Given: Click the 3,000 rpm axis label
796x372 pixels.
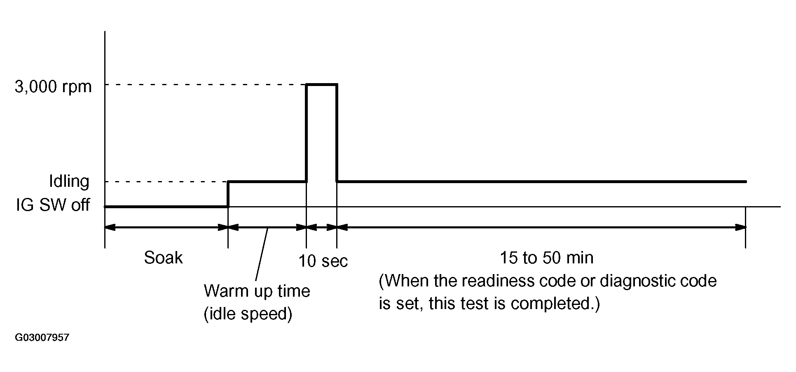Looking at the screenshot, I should (53, 87).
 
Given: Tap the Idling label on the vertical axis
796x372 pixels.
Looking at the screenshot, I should (69, 181).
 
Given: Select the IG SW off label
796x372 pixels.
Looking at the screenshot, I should (53, 205).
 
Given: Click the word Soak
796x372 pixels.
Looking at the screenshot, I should (163, 258).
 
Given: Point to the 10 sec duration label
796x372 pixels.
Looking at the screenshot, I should (323, 261).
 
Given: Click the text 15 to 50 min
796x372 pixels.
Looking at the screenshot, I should (546, 258).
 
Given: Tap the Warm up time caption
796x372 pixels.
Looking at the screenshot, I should (257, 291).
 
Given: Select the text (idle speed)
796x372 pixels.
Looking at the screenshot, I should (248, 314).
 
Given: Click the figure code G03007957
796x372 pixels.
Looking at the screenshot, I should (42, 338).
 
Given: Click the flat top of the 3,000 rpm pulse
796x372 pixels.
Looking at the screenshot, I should (322, 84).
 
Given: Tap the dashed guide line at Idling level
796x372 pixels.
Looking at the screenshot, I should (165, 181).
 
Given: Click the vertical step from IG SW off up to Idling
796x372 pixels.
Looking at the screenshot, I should (228, 194).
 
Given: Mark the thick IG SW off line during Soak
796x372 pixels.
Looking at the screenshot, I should (165, 206).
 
